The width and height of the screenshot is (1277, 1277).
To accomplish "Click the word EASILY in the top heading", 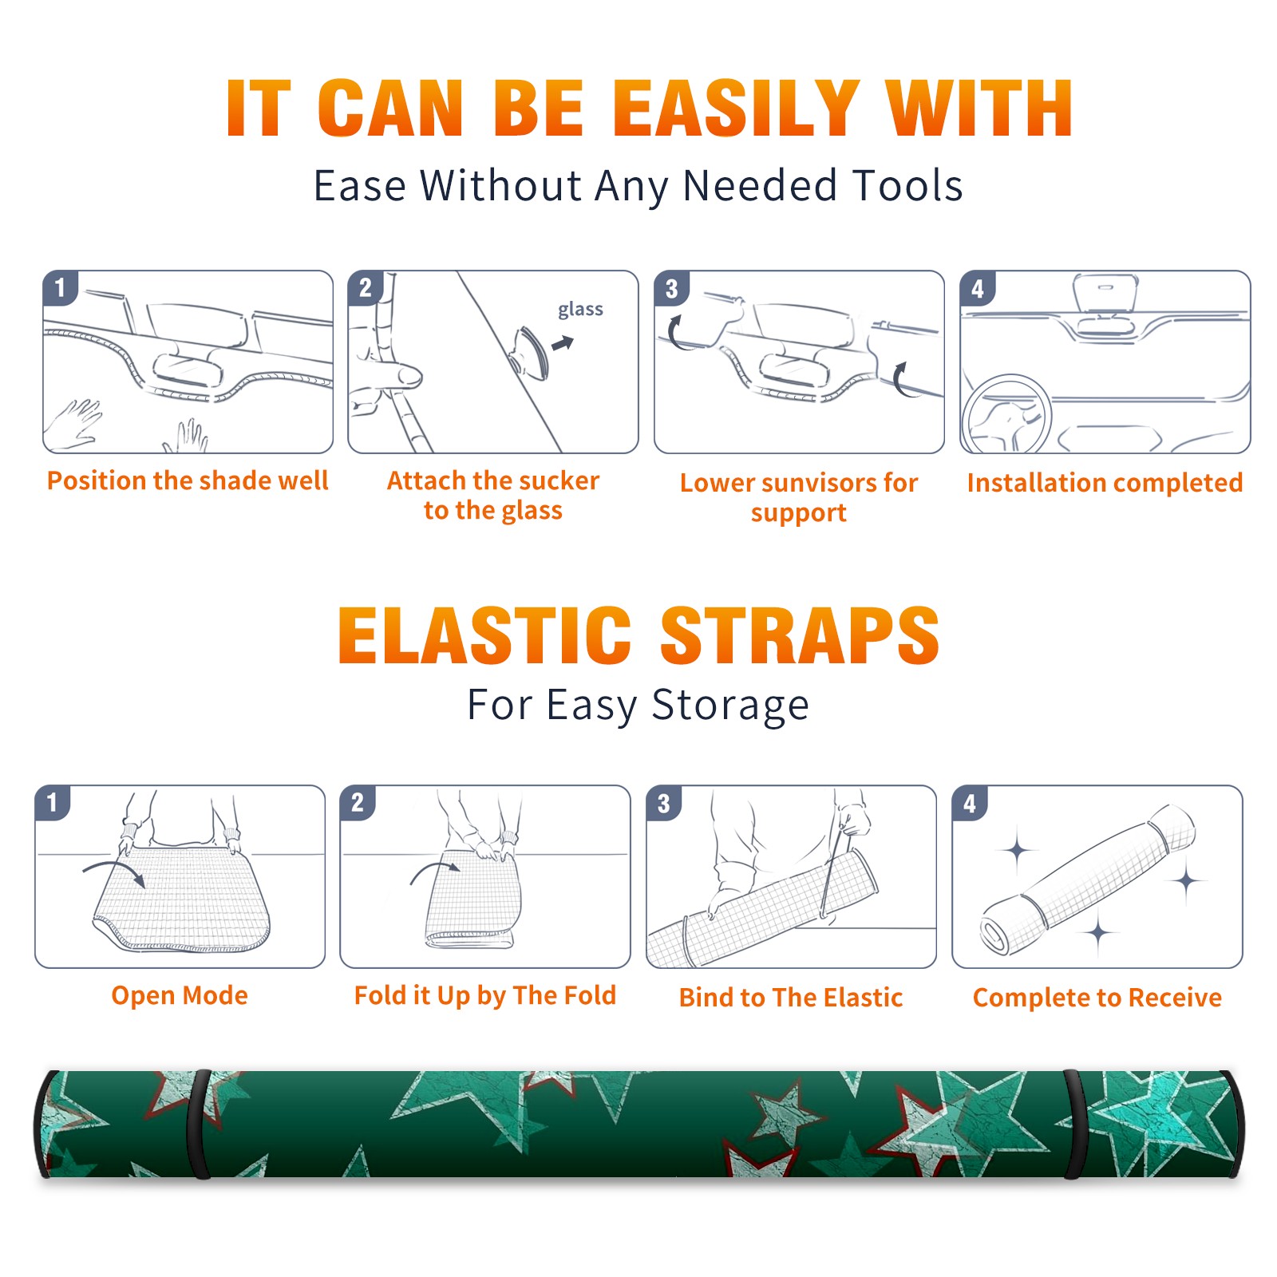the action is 737,109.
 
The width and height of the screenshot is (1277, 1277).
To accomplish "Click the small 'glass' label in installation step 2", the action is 580,309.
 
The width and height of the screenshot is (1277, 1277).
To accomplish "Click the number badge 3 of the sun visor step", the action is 671,288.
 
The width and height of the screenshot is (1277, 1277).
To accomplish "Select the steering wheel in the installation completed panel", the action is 1007,414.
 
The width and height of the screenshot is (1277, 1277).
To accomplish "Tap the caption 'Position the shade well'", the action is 188,480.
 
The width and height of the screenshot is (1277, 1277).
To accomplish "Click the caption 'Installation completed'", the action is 1105,482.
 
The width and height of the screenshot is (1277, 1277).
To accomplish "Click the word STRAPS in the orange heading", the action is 800,635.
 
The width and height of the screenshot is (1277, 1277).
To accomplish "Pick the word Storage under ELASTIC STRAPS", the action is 730,706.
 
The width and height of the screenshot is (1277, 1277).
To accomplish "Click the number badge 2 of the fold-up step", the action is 358,802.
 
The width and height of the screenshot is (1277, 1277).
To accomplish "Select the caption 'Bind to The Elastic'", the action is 790,997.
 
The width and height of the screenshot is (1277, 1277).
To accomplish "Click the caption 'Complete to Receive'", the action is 1097,997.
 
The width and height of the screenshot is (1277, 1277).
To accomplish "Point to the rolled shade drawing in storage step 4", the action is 1088,880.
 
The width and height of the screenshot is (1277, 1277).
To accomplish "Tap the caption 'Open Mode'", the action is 180,995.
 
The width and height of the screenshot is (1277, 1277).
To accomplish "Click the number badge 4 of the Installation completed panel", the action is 978,288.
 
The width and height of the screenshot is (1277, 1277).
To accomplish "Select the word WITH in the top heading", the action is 979,109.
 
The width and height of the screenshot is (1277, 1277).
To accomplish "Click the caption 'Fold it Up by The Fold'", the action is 485,995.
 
